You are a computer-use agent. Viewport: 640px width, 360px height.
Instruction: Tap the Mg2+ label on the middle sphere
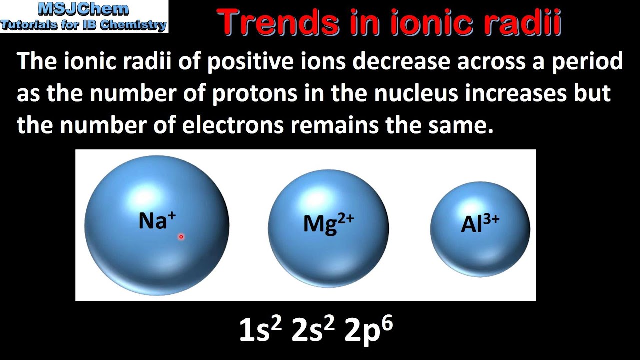[328, 223]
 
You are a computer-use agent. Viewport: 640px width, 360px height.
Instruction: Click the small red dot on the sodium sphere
[181, 237]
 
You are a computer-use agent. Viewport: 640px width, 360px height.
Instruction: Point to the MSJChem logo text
[83, 9]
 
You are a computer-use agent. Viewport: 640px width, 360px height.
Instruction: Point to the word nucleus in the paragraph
[405, 94]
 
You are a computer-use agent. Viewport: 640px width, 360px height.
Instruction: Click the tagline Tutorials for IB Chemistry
[83, 25]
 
